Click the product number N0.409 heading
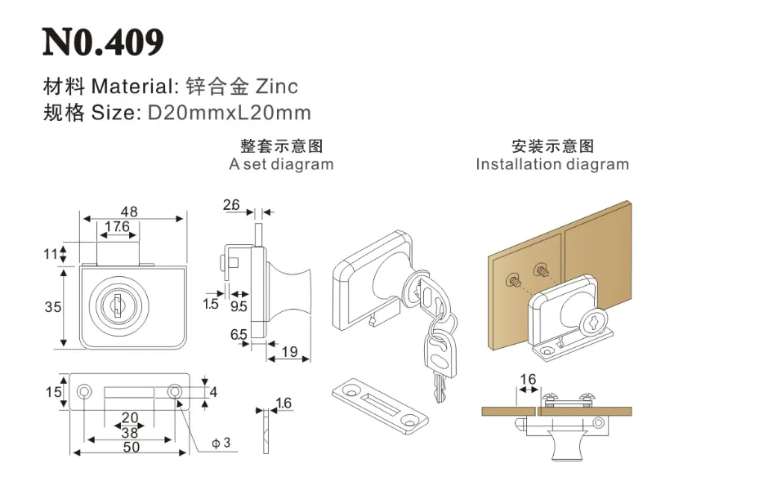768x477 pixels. (103, 42)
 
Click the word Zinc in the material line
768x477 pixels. (277, 86)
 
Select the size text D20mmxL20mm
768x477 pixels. (229, 113)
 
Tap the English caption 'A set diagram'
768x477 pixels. (282, 164)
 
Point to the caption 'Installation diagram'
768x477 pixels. (552, 164)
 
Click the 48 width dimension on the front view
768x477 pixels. (129, 212)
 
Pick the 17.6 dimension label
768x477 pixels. (117, 227)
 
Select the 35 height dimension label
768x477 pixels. (52, 307)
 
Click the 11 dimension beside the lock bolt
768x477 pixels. (51, 253)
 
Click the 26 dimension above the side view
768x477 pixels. (231, 205)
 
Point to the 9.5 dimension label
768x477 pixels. (239, 307)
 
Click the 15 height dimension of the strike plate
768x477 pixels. (54, 392)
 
